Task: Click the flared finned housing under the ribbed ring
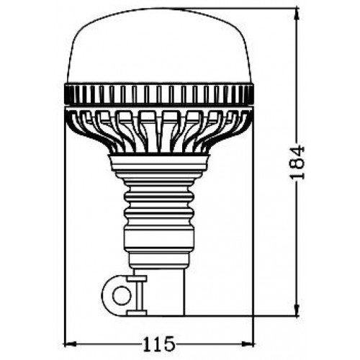pos(159,130)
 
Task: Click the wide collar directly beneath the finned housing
pos(159,167)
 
